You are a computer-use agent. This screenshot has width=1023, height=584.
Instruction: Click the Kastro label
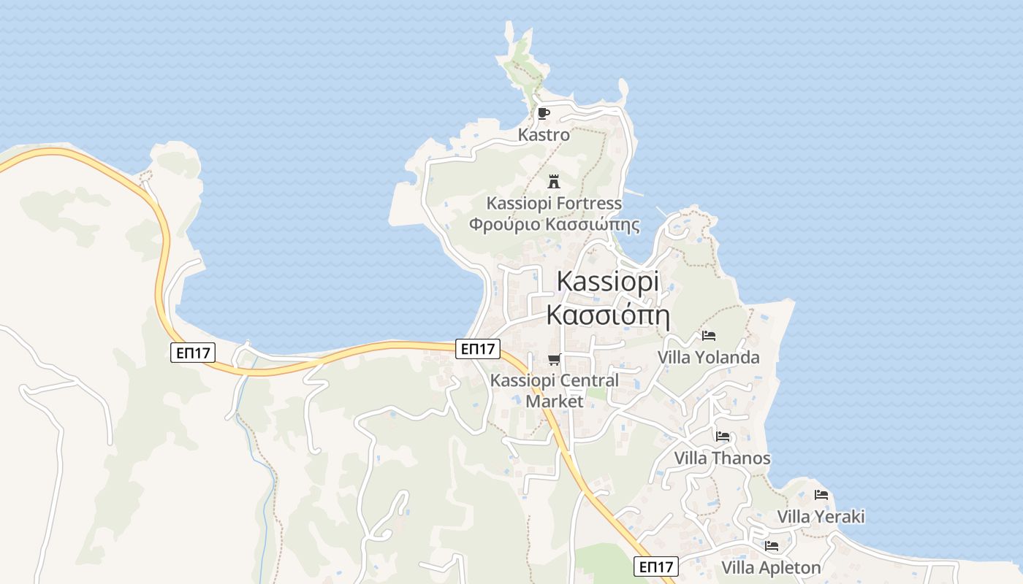coord(544,135)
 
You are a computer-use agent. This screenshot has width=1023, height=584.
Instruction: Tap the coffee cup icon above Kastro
coord(543,113)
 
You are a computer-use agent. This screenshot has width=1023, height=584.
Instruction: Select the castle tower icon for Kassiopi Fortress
coord(554,181)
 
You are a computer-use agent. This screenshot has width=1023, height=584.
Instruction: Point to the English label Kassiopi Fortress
coord(555,203)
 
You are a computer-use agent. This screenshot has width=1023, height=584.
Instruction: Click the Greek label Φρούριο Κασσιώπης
coord(554,224)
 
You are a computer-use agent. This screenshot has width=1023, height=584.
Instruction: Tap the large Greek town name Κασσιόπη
coord(608,315)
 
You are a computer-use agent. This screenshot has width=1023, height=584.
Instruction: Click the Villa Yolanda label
coord(708,358)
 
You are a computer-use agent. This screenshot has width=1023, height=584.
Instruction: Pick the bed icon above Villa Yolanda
coord(708,336)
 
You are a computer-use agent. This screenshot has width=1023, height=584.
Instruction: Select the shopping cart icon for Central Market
coord(555,359)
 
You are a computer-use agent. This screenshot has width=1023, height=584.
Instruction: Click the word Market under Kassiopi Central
coord(555,401)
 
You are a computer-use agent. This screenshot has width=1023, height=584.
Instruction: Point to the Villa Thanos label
coord(722,458)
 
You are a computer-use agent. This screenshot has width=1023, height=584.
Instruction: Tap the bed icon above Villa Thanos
coord(723,437)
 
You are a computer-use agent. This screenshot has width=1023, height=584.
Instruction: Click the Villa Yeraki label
coord(821,517)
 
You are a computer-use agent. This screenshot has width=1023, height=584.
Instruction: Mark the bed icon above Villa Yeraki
coord(821,495)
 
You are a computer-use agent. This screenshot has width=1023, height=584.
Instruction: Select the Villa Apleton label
coord(771,567)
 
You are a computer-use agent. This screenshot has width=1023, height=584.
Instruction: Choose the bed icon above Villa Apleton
coord(771,546)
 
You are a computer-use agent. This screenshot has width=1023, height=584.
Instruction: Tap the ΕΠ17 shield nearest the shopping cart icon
coord(478,349)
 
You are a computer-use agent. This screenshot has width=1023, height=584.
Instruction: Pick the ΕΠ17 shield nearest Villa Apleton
coord(655,566)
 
